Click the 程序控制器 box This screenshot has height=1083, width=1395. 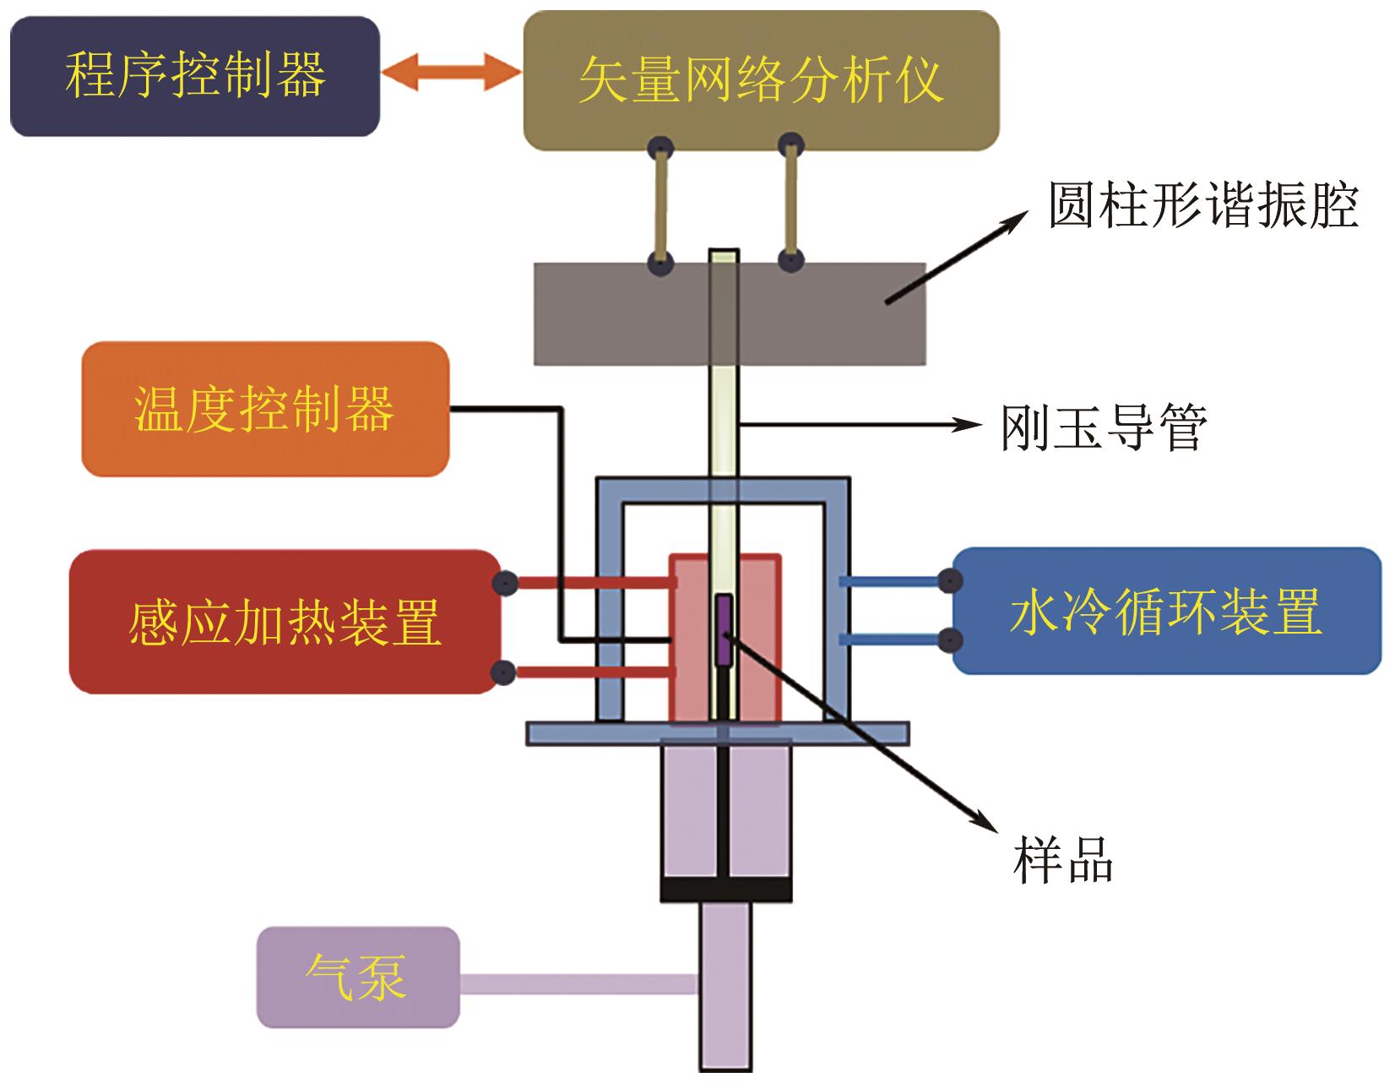pos(194,76)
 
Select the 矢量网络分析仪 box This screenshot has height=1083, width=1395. pos(760,80)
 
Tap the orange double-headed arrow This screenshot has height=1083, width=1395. pos(451,74)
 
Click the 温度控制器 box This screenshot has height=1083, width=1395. pos(264,409)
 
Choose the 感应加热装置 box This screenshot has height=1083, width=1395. pos(285,623)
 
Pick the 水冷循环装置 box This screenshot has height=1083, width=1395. pos(1166,612)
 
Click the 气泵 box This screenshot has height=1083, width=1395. pos(357,977)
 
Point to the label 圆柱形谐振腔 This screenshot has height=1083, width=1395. pos(1202,205)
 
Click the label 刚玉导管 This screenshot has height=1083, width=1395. pos(1104,427)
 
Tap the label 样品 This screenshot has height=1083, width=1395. pos(1063,860)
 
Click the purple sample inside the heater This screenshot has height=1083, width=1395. pos(725,629)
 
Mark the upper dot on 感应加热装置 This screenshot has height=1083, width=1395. pos(504,582)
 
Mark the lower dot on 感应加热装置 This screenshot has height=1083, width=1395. pos(504,672)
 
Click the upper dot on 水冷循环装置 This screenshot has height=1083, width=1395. pos(951,580)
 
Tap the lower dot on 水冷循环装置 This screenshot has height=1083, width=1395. pos(951,639)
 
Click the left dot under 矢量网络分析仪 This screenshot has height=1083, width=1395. pos(660,150)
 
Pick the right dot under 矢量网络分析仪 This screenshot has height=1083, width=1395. pos(790,144)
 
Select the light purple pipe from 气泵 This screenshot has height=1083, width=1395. pos(579,983)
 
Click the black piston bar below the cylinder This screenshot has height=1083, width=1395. pos(725,890)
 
